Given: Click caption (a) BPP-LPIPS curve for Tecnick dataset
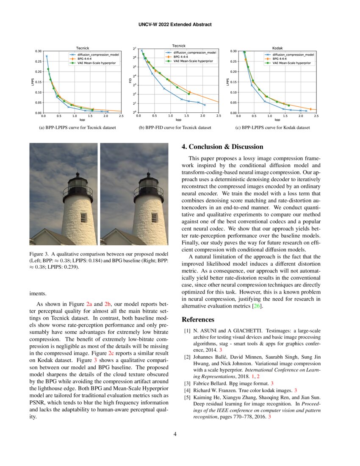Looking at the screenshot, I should (x=78, y=127).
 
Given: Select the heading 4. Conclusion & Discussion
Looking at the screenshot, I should (x=222, y=147).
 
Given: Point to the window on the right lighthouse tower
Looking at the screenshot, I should (x=154, y=218).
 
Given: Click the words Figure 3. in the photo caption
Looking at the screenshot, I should (x=39, y=254).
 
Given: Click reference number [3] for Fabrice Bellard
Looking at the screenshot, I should (x=187, y=383).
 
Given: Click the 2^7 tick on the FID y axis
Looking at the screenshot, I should (x=134, y=49).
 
